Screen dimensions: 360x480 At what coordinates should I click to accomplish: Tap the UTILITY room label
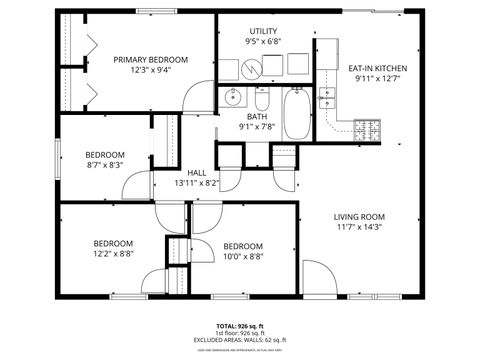click(262, 31)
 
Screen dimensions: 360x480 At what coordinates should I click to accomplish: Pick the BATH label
click(257, 115)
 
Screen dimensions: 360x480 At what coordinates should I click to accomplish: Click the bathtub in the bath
click(297, 116)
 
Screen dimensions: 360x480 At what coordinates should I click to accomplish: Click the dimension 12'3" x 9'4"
click(150, 71)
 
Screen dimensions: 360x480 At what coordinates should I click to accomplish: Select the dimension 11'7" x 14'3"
click(359, 227)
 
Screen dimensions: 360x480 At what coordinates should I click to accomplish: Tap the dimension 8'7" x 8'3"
click(104, 166)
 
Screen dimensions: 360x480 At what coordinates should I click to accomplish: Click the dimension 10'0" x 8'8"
click(243, 258)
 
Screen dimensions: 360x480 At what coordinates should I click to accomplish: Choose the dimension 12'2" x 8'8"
click(113, 254)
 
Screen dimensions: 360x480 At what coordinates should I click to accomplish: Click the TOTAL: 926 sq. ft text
click(240, 326)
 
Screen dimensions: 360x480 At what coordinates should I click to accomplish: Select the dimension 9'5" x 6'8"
click(262, 43)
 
